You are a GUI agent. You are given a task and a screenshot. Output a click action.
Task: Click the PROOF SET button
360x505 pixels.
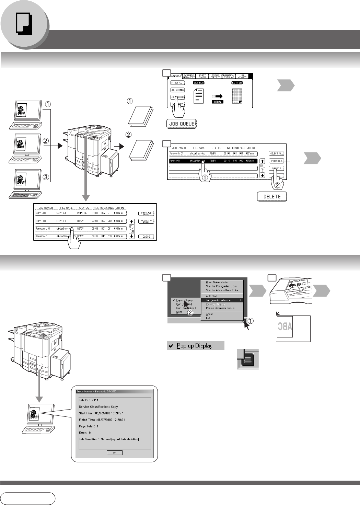click(177, 83)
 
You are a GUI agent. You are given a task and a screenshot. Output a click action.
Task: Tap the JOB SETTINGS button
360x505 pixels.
click(177, 90)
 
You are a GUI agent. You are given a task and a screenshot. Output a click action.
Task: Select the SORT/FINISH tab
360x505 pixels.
click(202, 76)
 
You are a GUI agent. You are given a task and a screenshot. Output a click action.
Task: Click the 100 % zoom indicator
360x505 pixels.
click(218, 102)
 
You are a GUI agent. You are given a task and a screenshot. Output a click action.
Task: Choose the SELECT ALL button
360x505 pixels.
click(276, 153)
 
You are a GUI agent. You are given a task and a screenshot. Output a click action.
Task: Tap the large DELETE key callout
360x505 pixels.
click(272, 196)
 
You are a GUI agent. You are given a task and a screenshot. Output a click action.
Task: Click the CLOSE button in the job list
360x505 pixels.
click(146, 237)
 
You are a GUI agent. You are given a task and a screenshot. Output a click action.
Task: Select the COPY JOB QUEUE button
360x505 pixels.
click(146, 214)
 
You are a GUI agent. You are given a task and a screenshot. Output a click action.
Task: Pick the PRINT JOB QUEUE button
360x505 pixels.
click(146, 221)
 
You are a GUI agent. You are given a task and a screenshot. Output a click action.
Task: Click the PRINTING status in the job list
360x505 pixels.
click(82, 213)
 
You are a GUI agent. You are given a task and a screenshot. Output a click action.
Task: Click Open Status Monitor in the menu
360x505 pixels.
click(217, 282)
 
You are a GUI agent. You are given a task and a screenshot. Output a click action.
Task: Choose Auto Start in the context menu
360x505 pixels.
click(211, 296)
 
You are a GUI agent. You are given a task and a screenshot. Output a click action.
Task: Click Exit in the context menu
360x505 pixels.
click(208, 318)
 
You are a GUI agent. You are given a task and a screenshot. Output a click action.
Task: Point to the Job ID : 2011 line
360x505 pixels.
click(89, 400)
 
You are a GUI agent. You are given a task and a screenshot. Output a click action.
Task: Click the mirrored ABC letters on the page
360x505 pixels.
click(285, 326)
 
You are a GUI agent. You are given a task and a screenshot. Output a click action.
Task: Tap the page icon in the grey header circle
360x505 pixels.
click(24, 24)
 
